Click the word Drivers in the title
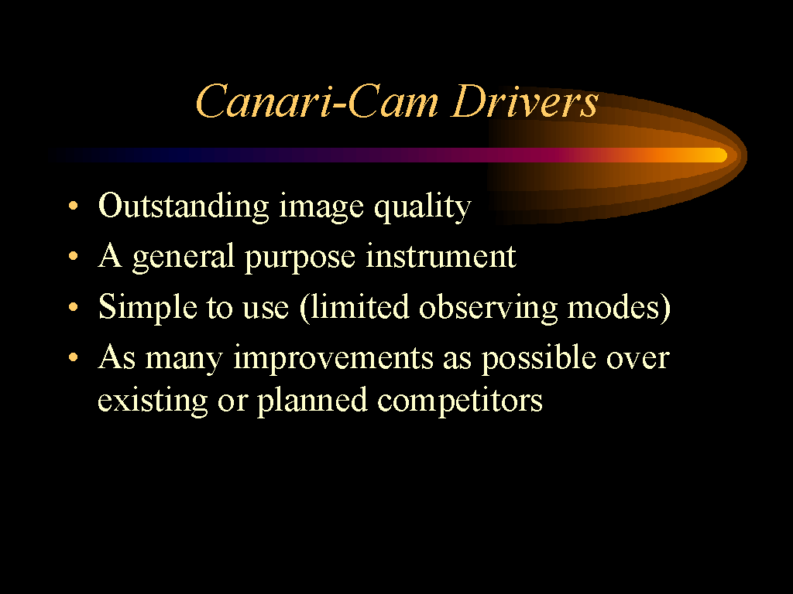(x=524, y=101)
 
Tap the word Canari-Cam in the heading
(x=317, y=101)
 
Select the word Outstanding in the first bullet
(x=184, y=206)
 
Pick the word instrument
(x=441, y=256)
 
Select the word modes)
(x=619, y=307)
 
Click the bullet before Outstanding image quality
(x=74, y=206)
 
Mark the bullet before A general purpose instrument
(x=74, y=256)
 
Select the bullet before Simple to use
(x=74, y=306)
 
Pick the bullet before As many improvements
(x=74, y=357)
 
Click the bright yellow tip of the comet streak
(x=718, y=155)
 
